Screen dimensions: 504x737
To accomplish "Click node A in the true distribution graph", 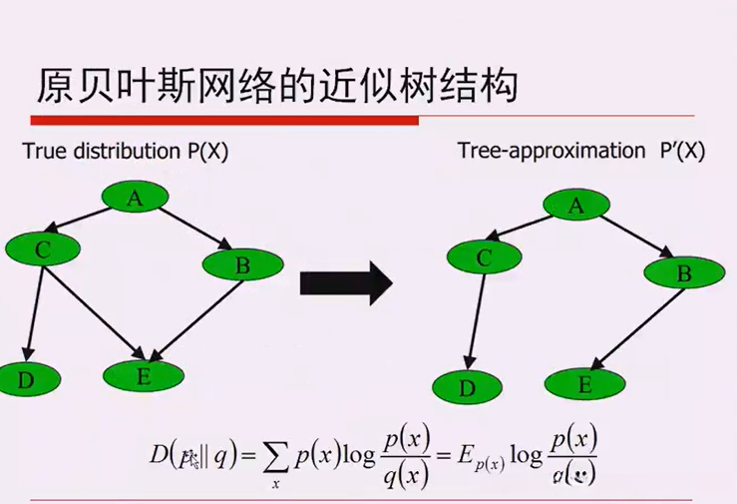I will (x=134, y=199).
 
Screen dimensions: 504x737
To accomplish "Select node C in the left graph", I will (x=43, y=250).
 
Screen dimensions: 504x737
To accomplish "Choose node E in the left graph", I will (x=143, y=375).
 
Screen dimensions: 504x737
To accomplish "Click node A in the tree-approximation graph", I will (x=574, y=207).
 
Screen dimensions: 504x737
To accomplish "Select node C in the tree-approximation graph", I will (x=485, y=258).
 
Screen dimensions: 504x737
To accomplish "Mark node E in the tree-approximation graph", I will (x=584, y=383).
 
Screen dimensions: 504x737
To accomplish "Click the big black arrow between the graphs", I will (x=345, y=283).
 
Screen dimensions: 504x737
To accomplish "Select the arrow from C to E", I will (x=95, y=308).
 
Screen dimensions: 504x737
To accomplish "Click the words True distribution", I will (x=87, y=152).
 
